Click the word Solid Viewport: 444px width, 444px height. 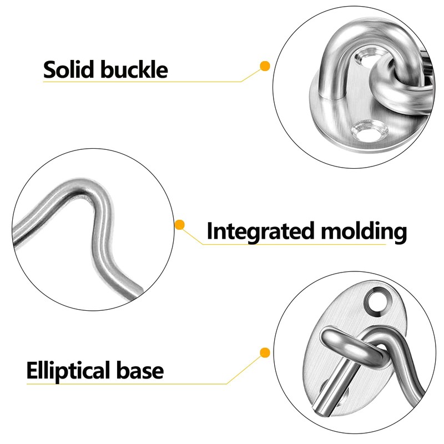[x=70, y=70]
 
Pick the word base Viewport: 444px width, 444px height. [x=146, y=370]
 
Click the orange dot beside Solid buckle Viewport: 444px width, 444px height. [x=265, y=66]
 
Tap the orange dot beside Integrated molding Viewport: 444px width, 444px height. [x=180, y=225]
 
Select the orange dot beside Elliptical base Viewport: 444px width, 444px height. [x=265, y=352]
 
